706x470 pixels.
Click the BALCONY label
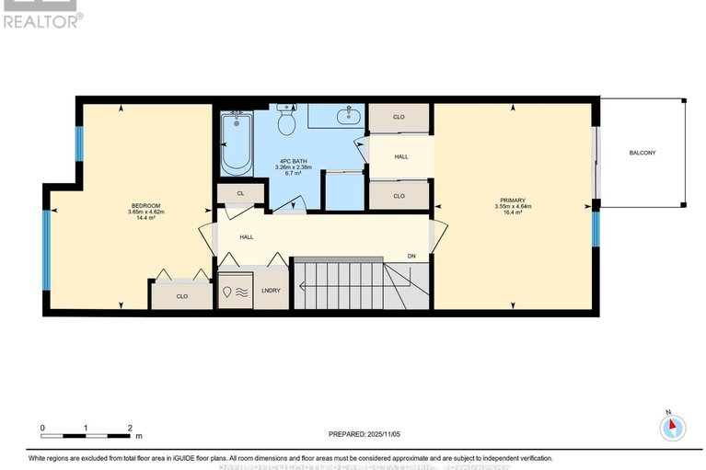coord(642,153)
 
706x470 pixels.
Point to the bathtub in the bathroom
coord(237,144)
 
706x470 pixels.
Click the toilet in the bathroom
coord(286,119)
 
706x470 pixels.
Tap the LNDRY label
coord(272,291)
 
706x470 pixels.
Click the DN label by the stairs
coord(412,257)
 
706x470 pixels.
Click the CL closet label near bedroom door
coord(239,193)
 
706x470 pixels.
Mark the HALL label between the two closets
coord(401,157)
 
